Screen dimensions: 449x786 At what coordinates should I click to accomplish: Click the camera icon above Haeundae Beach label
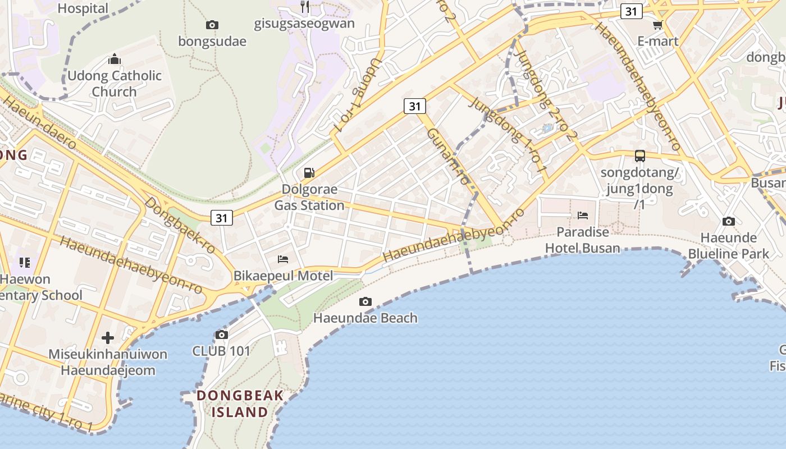[x=365, y=302]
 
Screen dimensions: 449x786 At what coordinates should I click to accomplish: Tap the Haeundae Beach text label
[x=365, y=318]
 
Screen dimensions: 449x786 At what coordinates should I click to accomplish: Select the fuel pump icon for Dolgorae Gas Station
[x=309, y=173]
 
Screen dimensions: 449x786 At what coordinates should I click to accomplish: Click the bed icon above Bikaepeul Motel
[x=284, y=259]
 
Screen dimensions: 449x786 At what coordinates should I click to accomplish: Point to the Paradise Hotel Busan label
[x=583, y=240]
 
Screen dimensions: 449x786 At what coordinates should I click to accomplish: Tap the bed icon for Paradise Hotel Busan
[x=583, y=216]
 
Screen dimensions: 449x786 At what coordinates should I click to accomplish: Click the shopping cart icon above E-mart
[x=658, y=25]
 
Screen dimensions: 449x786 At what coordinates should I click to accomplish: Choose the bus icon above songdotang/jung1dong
[x=639, y=156]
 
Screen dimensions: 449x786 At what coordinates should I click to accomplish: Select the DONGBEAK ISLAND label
[x=240, y=404]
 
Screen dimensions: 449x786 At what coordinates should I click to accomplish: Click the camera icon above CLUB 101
[x=222, y=335]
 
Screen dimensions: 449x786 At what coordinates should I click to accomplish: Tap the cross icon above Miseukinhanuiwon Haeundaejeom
[x=108, y=338]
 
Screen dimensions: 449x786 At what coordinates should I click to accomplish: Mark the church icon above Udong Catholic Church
[x=115, y=59]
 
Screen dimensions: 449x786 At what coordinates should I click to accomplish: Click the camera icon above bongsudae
[x=212, y=25]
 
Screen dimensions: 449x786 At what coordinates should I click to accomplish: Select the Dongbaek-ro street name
[x=180, y=224]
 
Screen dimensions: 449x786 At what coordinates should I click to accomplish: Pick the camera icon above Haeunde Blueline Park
[x=729, y=222]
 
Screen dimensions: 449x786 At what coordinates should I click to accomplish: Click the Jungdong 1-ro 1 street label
[x=508, y=135]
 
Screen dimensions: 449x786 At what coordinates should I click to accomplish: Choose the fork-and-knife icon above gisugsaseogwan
[x=305, y=7]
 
